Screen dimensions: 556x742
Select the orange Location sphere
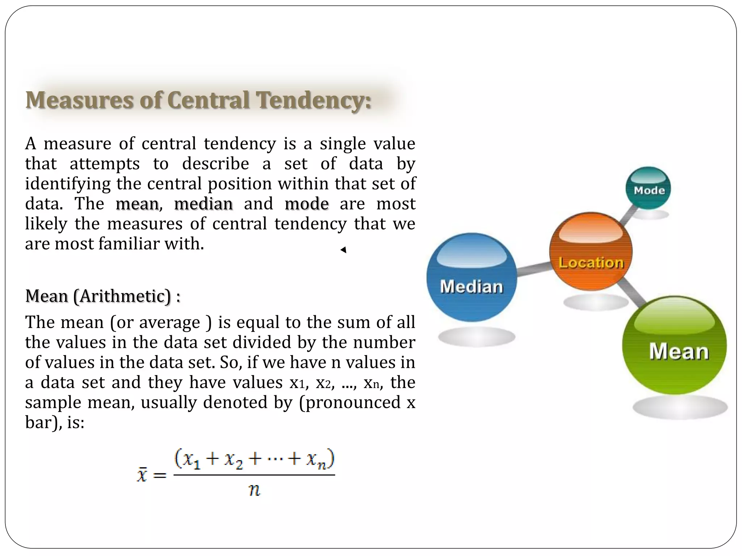click(x=591, y=252)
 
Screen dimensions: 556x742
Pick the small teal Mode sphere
click(x=648, y=188)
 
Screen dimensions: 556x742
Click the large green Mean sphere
click(x=675, y=345)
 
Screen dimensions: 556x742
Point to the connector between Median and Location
click(x=533, y=270)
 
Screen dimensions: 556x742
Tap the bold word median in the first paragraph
click(x=203, y=204)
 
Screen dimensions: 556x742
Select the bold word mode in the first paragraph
click(x=307, y=204)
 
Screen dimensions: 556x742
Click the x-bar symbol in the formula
click(x=142, y=474)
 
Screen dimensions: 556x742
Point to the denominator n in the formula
click(x=254, y=490)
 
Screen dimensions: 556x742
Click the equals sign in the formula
click(x=160, y=475)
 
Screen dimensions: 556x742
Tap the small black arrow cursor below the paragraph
click(x=343, y=250)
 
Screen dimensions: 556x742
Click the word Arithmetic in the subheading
click(x=122, y=296)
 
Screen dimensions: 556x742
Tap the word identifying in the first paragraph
click(x=68, y=184)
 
